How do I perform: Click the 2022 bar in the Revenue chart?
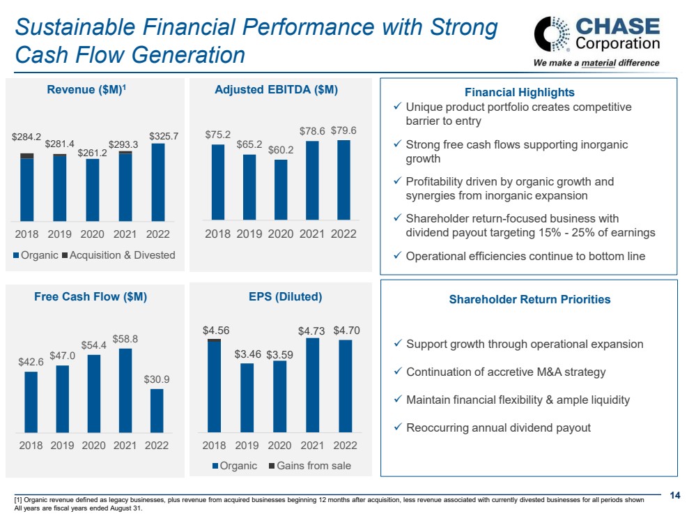158,181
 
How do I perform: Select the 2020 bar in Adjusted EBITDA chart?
281,190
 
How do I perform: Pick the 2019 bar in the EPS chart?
247,397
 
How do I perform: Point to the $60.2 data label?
281,150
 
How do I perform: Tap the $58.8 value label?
125,339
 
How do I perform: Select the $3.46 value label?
247,354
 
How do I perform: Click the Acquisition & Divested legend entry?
118,255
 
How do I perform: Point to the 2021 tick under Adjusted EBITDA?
312,234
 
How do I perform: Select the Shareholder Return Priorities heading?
529,299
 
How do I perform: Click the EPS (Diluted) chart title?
285,296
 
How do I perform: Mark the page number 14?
674,495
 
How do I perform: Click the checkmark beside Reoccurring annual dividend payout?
396,427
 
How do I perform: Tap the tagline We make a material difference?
596,63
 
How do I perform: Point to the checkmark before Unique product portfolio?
396,107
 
